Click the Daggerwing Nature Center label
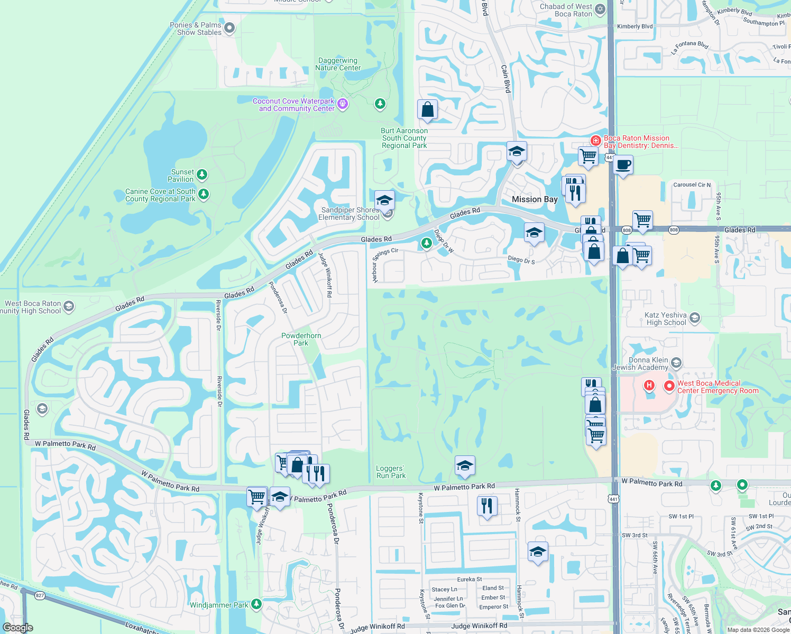(x=338, y=64)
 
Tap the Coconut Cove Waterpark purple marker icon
(x=343, y=104)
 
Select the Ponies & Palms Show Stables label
(x=196, y=29)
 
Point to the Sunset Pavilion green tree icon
(x=201, y=174)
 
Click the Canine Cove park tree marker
(x=204, y=194)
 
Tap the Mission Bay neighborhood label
(x=535, y=199)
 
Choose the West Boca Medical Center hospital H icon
(x=649, y=386)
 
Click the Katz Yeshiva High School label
(x=666, y=319)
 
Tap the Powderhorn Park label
(x=301, y=339)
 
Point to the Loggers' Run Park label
(x=391, y=472)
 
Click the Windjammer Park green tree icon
(x=256, y=603)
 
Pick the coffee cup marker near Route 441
(x=623, y=165)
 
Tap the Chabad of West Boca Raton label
(x=566, y=10)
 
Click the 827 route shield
(x=40, y=595)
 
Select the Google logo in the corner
(x=18, y=628)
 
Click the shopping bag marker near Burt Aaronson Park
(x=427, y=110)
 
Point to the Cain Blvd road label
(x=506, y=79)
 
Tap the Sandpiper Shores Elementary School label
(x=349, y=213)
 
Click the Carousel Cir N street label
(x=692, y=185)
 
